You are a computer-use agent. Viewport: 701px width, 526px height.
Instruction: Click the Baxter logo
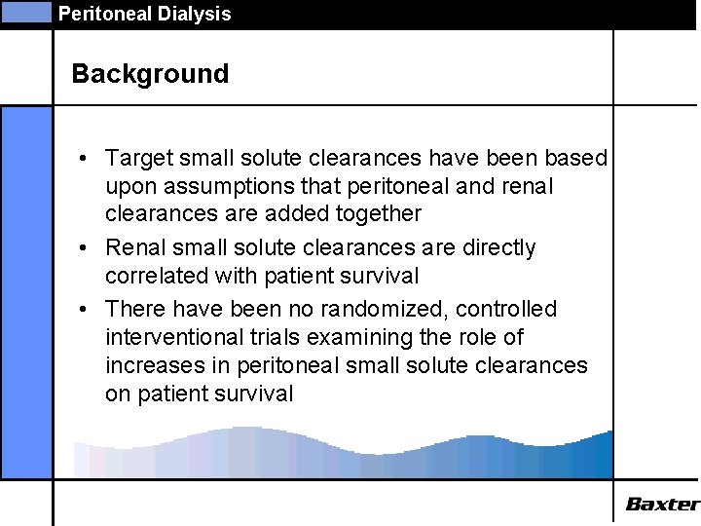pyautogui.click(x=662, y=504)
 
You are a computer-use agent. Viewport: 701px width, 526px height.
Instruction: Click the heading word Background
pyautogui.click(x=150, y=74)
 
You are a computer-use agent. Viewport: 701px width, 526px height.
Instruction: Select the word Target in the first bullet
pyautogui.click(x=137, y=158)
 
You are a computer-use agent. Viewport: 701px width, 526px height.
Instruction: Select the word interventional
pyautogui.click(x=172, y=337)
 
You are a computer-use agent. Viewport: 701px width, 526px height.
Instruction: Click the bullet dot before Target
pyautogui.click(x=86, y=159)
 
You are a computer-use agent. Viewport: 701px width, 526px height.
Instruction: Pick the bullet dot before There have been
pyautogui.click(x=86, y=310)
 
